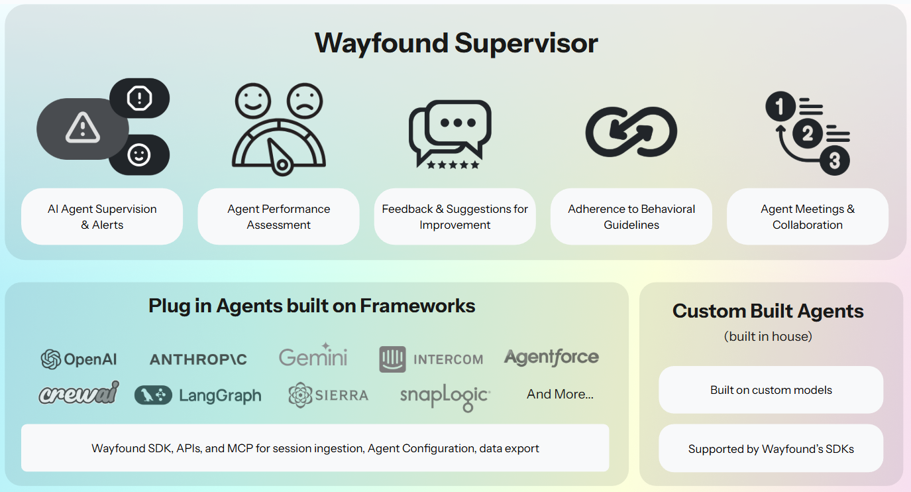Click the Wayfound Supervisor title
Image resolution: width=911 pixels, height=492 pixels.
click(456, 43)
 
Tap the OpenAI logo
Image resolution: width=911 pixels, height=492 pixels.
click(79, 359)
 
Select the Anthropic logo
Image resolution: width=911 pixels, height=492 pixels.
click(198, 359)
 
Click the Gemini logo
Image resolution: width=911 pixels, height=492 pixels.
click(313, 357)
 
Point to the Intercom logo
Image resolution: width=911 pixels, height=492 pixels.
click(431, 359)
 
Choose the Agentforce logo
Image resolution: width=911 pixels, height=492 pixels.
click(551, 357)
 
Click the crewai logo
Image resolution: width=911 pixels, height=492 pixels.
click(79, 393)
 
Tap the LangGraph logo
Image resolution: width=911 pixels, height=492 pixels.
click(198, 396)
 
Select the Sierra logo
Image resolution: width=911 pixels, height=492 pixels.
click(329, 395)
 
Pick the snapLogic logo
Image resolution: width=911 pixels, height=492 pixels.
click(445, 397)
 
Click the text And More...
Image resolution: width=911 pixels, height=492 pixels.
click(560, 395)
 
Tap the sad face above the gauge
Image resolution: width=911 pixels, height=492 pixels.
click(305, 101)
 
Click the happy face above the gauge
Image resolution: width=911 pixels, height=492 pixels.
click(252, 101)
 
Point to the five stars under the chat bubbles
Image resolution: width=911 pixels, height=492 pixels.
click(453, 164)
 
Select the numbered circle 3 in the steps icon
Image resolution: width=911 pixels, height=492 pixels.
click(834, 160)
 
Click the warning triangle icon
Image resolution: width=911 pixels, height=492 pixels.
click(83, 128)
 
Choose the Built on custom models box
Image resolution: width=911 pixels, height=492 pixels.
click(771, 390)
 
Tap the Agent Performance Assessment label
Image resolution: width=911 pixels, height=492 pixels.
click(278, 217)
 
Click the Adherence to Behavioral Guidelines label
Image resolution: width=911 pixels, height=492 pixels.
click(631, 217)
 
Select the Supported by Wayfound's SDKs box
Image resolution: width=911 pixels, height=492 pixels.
click(771, 449)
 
